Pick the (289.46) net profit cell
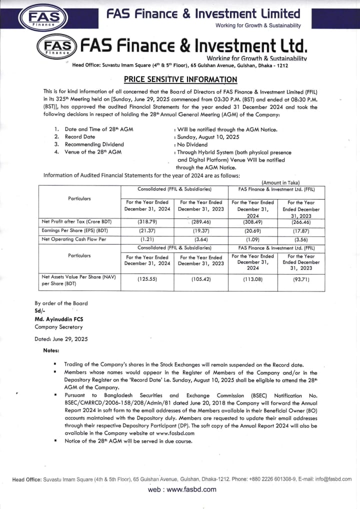[x=201, y=221]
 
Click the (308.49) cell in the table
[x=252, y=221]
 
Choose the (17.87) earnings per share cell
[x=301, y=230]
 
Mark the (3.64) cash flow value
[x=201, y=239]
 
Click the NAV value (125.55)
[x=147, y=279]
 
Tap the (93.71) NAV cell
[x=301, y=279]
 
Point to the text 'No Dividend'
[x=191, y=144]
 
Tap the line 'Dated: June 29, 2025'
[x=61, y=338]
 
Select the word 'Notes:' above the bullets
[x=51, y=350]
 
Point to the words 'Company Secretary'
[x=58, y=326]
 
